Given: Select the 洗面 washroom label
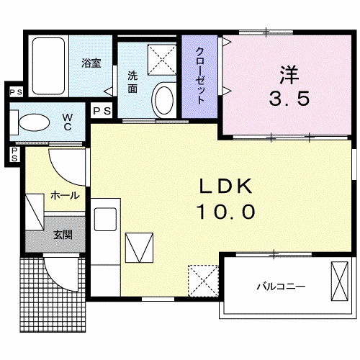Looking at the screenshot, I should [x=133, y=81].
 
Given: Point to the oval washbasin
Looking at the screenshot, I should [x=164, y=99].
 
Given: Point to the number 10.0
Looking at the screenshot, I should [x=223, y=212].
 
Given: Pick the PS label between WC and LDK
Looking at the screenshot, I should [x=102, y=111].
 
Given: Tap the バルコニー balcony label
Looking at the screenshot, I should [x=282, y=286].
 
